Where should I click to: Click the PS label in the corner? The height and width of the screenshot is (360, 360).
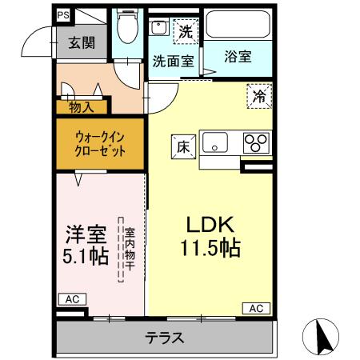[63, 14]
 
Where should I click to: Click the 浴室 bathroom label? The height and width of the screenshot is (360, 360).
[237, 57]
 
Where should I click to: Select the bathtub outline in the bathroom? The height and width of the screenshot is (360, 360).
[238, 27]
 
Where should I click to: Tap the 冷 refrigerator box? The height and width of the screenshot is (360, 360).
[259, 95]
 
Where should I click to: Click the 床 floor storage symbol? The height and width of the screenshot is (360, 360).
[182, 146]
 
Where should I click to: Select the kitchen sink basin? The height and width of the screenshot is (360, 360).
[216, 144]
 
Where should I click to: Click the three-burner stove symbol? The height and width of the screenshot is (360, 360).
[257, 143]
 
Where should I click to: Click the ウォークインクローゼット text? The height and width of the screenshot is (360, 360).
[100, 144]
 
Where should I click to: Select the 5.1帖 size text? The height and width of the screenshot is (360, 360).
[86, 258]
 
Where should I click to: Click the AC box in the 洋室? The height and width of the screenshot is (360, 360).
[72, 299]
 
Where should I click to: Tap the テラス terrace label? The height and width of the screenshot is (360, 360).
[164, 336]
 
